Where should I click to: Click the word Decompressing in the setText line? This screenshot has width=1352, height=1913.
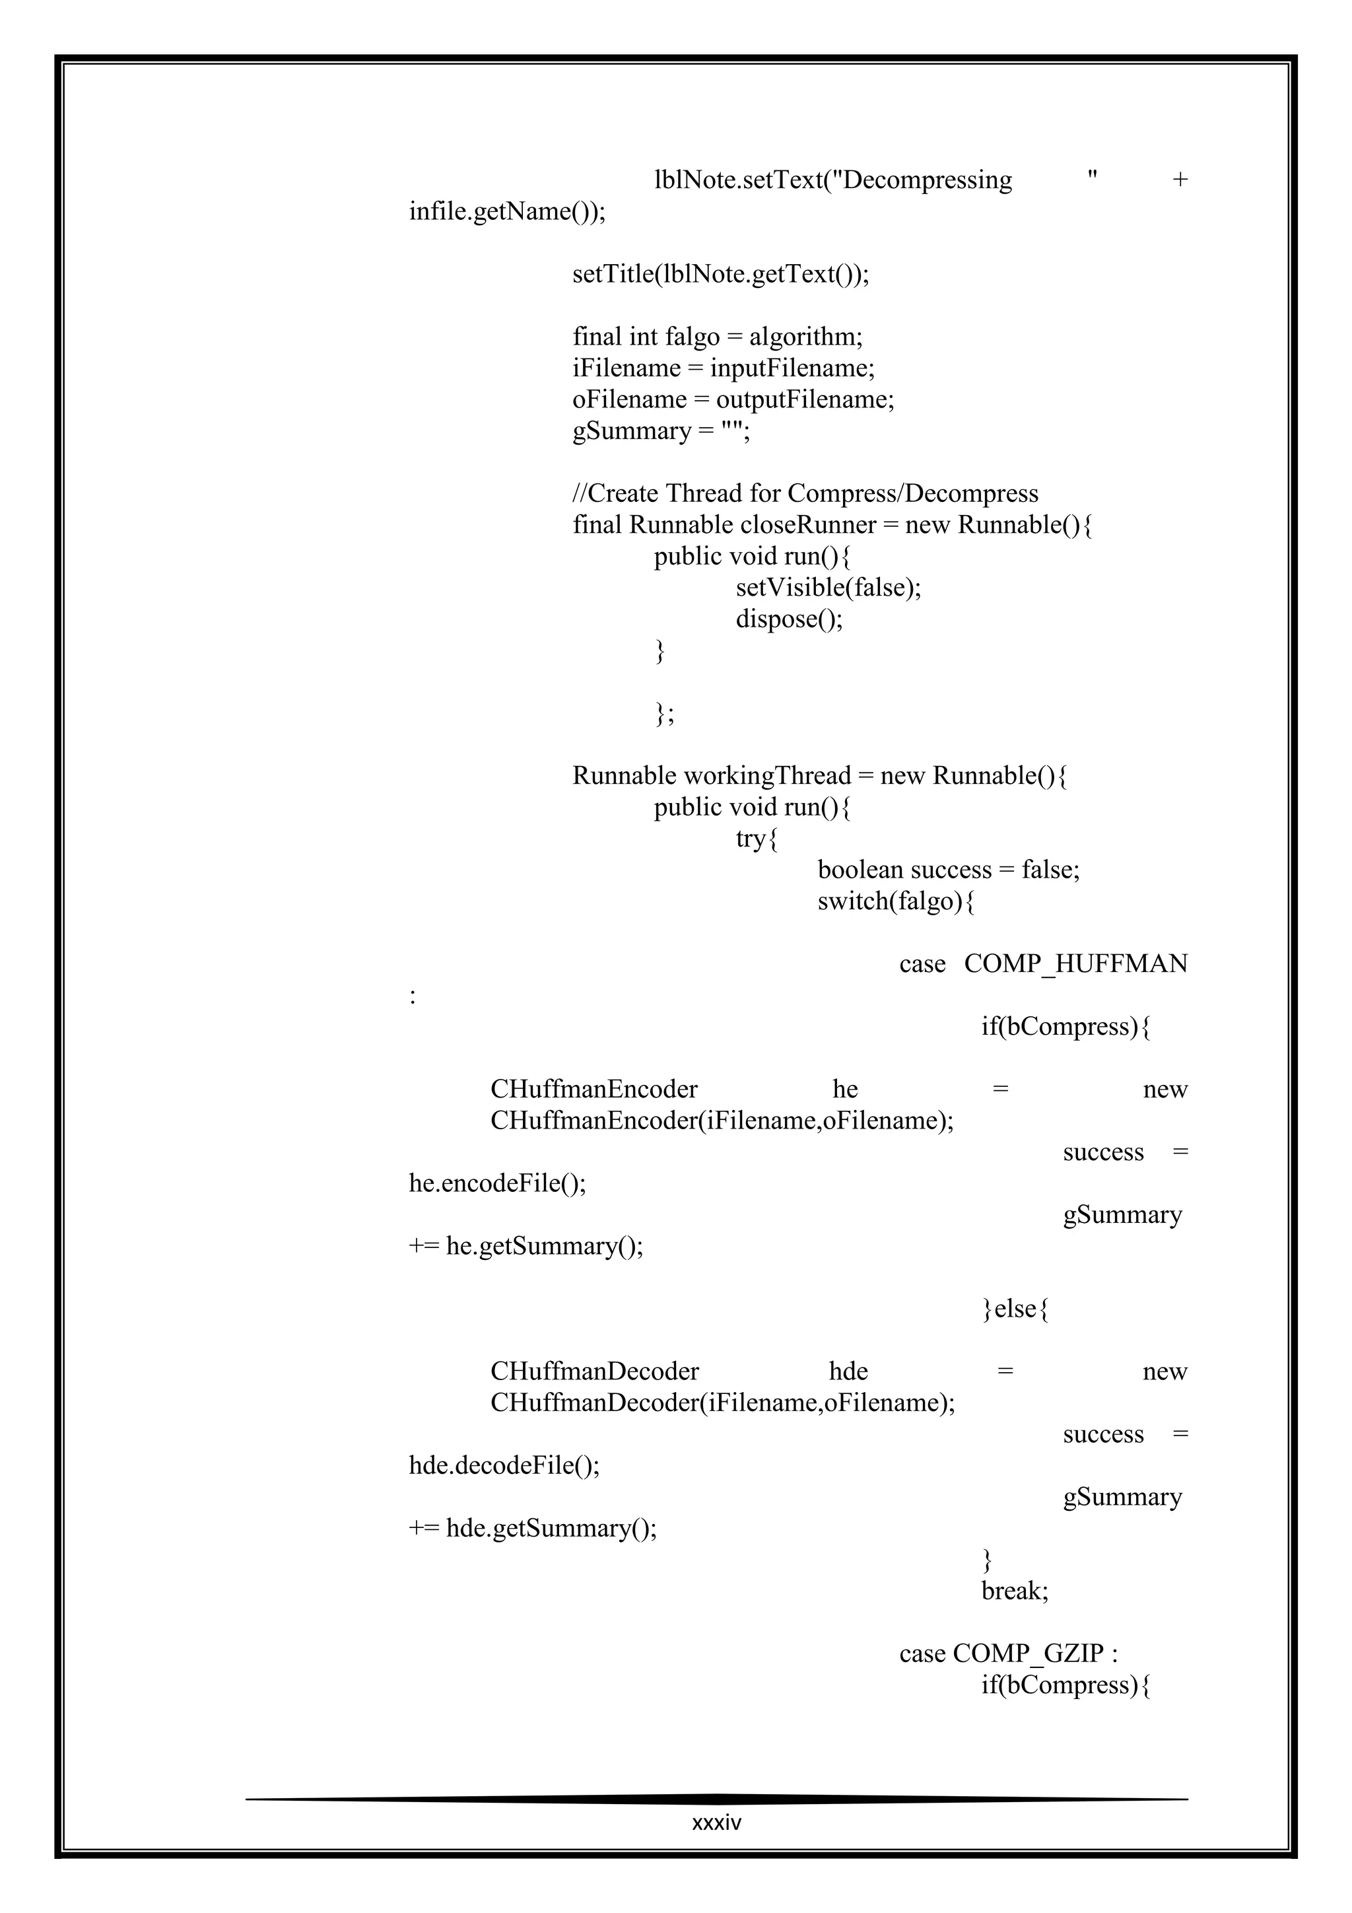click(x=927, y=180)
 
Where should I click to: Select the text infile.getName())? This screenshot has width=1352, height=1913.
click(x=506, y=211)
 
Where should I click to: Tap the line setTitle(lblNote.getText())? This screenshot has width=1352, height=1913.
click(x=720, y=274)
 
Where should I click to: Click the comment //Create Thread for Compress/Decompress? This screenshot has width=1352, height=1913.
click(x=805, y=493)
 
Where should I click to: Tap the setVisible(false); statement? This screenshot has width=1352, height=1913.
click(x=828, y=588)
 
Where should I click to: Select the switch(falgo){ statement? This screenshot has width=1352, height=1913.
click(x=896, y=901)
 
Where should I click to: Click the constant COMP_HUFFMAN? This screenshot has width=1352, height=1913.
click(x=1075, y=964)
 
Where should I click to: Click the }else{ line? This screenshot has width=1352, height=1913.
click(x=1015, y=1309)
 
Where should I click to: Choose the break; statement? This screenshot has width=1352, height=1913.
click(x=1015, y=1591)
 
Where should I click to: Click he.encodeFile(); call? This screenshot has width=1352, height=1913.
click(x=497, y=1183)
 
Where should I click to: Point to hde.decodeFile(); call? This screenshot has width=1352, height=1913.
click(x=504, y=1465)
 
